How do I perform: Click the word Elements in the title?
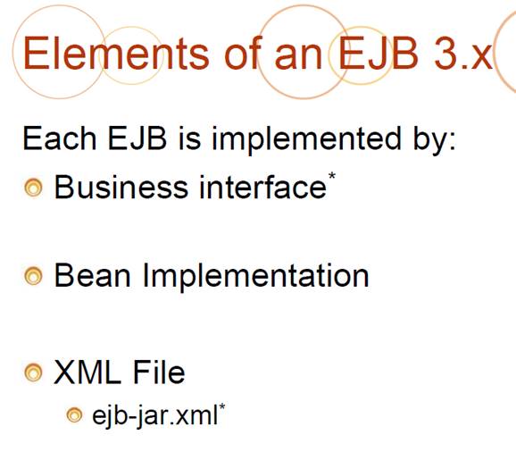point(116,53)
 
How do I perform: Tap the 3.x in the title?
point(463,53)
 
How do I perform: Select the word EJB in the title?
point(379,53)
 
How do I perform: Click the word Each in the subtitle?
point(60,138)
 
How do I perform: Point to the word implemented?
point(306,140)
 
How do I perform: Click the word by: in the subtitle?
point(435,140)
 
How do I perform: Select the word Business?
point(121,187)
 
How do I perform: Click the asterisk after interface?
point(332,175)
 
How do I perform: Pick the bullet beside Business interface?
point(33,188)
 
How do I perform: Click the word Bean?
point(92,276)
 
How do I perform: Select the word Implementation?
point(255,277)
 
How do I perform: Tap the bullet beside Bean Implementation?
point(33,276)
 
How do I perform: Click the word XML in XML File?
point(87,372)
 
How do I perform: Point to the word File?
point(159,372)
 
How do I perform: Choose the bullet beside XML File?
point(33,372)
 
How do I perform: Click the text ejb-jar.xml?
point(155,415)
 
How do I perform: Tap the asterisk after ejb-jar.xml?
point(222,406)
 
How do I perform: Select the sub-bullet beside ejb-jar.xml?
point(74,414)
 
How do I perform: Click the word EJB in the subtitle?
point(137,138)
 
